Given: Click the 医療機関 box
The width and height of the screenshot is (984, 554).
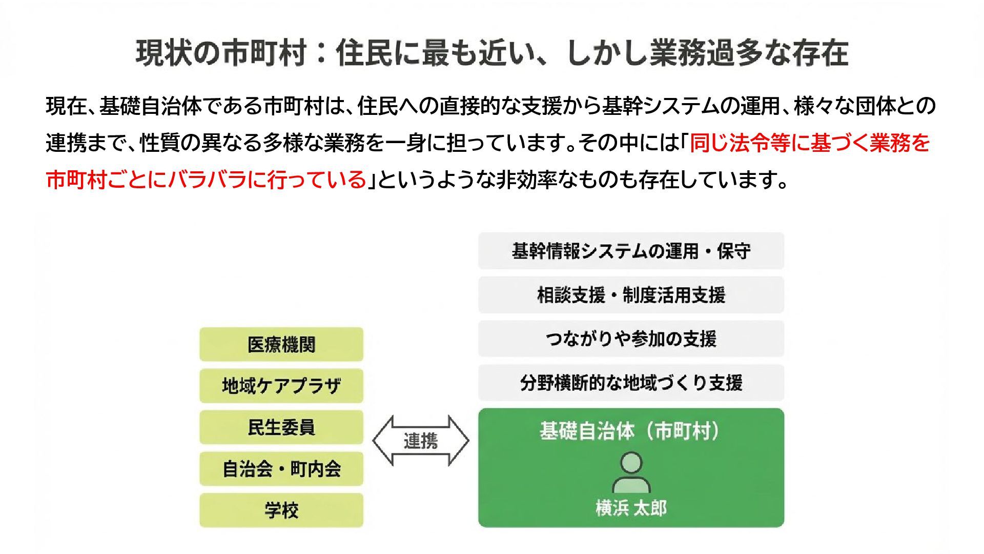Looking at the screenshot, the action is pos(281,344).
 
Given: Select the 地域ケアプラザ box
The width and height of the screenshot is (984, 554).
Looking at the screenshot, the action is pos(281,386).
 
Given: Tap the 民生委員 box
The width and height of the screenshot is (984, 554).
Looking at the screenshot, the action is pos(281,427).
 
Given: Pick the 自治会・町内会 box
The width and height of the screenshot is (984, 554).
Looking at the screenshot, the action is pos(281,469).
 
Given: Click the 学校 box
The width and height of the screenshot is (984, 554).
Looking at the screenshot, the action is pos(281,510).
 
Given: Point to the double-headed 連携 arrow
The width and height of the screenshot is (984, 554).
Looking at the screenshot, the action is pos(420,441).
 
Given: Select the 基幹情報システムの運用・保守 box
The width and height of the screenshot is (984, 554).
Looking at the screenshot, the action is pos(631,251).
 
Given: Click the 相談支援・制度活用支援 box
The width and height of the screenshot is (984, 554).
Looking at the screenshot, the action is pos(631,295).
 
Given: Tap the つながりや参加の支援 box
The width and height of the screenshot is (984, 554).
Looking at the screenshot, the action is pos(631,339).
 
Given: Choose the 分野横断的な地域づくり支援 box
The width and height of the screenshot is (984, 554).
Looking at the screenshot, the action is pos(631,383).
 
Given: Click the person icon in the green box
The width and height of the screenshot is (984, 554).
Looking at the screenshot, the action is pos(631,472).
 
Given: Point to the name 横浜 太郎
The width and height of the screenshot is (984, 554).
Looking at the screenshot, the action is pos(631,508).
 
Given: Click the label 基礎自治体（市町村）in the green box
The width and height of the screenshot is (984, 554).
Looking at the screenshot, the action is pos(631,431).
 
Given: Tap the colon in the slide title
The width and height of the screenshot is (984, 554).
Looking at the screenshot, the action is pos(321,53).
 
